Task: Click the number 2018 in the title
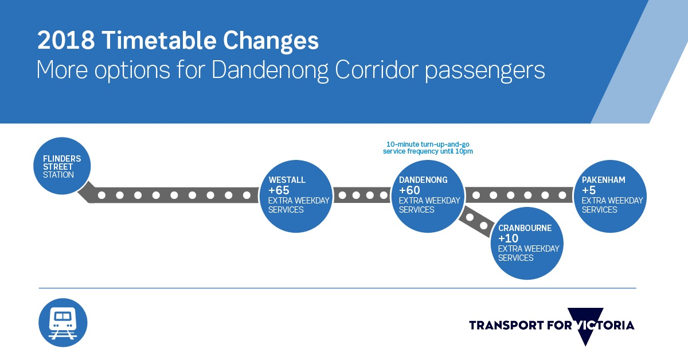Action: [66, 40]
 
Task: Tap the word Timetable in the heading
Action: [159, 40]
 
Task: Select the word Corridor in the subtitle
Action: [376, 70]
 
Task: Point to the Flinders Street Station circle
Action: [62, 166]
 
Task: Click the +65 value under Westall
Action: [279, 190]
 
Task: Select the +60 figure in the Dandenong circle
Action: [409, 190]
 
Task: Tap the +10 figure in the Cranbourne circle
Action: [509, 238]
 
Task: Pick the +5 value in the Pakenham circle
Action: [589, 190]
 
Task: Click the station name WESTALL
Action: [287, 179]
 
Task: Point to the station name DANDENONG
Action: [423, 179]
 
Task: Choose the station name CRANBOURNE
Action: [525, 228]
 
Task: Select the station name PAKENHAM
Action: [603, 179]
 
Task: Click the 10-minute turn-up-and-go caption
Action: [428, 148]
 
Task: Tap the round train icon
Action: [63, 323]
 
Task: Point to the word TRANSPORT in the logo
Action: [506, 325]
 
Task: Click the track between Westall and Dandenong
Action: [362, 195]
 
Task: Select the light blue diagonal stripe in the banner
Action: [639, 61]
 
